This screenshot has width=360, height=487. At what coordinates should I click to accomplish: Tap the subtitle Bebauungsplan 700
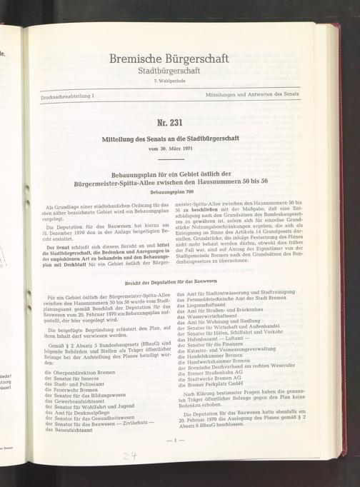[179, 191]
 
